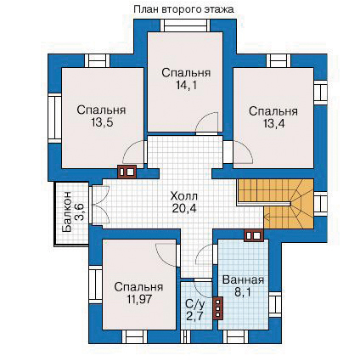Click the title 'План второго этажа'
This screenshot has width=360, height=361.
pos(183,9)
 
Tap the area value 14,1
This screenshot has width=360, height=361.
pos(186,85)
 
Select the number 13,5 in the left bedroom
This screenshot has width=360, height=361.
pos(102,122)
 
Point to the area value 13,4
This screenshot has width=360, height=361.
pos(273,124)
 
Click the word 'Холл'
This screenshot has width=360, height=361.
pos(184,196)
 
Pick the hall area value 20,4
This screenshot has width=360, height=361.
pos(184,208)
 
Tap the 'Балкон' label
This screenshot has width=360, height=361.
pos(67,212)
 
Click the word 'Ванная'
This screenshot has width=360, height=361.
pos(243,280)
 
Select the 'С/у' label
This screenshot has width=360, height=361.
pos(194,304)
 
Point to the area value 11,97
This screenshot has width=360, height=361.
pos(138,299)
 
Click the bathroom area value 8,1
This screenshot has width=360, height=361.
pos(243,292)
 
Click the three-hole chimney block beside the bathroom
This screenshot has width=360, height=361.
pos(217,308)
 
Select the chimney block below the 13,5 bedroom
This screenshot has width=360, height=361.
pos(127,172)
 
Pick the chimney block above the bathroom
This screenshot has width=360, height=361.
pos(254,235)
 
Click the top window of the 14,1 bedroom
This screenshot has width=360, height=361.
pos(185,25)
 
